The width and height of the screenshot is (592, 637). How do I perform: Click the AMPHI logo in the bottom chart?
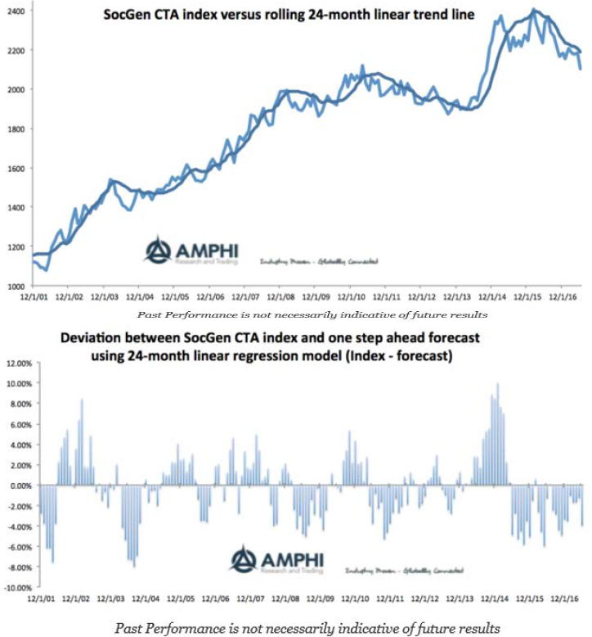pos(276,561)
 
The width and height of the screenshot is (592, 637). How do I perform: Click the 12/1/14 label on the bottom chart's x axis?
pos(492,599)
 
